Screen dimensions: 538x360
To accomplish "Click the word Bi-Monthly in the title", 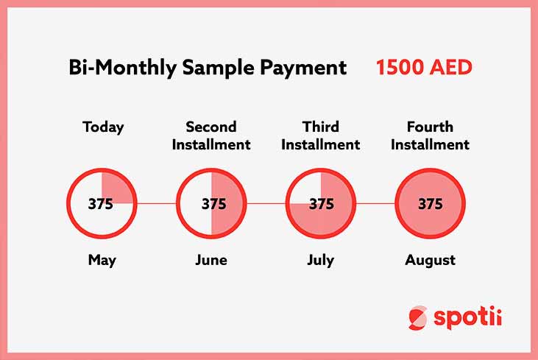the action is point(122,68).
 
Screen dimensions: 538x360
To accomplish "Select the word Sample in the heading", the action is point(218,68).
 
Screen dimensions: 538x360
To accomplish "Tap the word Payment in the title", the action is point(303,68).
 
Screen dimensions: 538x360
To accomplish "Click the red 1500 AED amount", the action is point(425,67).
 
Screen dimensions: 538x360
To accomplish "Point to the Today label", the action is point(103,127).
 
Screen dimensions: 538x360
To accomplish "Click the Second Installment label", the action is point(211,135).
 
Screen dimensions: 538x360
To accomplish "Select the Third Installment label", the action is point(321,135).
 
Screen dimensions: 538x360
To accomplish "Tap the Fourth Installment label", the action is point(431,135).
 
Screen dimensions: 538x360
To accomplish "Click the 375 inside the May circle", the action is point(101,204).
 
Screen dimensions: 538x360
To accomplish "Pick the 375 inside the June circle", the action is point(213,204).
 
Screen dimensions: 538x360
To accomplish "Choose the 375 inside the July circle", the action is point(322,204).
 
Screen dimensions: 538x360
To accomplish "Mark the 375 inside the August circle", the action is point(431,204).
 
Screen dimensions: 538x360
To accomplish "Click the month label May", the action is point(102,261).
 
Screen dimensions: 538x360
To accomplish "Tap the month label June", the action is point(211,260).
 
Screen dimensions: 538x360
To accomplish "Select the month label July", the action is point(320,261).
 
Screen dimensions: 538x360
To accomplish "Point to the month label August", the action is point(431,261).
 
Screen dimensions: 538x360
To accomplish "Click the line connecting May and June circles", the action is point(157,203).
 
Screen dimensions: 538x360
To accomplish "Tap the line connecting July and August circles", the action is point(375,203).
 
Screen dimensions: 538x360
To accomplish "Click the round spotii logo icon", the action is point(418,318).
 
